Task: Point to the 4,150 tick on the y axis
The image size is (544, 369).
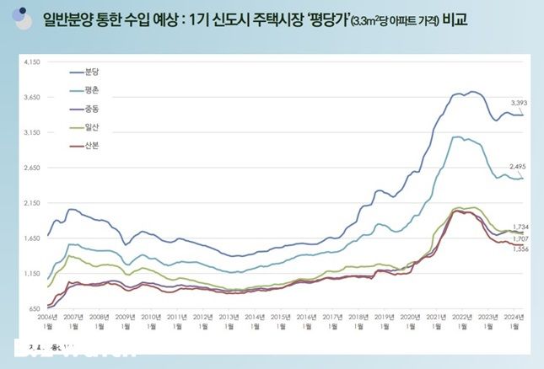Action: pyautogui.click(x=33, y=62)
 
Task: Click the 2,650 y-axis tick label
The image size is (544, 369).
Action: pyautogui.click(x=33, y=168)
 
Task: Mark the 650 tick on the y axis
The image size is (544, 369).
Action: pyautogui.click(x=35, y=308)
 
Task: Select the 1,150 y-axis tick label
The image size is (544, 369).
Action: pyautogui.click(x=33, y=273)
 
